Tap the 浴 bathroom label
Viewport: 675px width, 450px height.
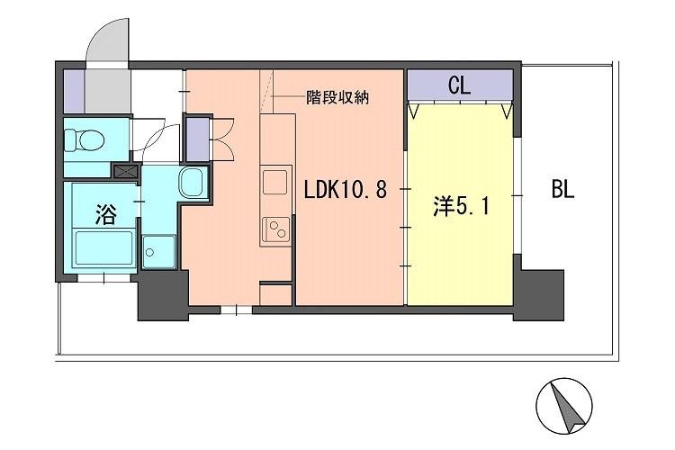tap(106, 213)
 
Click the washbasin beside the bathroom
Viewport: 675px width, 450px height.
tap(193, 184)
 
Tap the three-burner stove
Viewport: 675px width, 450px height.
tap(276, 229)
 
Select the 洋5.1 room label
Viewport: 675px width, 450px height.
tap(463, 207)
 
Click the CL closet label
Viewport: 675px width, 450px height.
tap(459, 88)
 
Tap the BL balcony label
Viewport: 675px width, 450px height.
tap(562, 191)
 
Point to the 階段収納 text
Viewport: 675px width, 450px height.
tap(337, 96)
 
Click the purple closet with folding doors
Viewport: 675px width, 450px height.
tap(196, 138)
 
